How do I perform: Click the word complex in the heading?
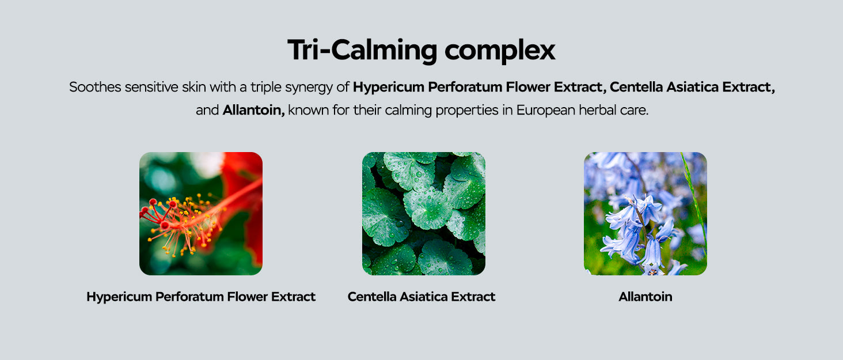[x=500, y=50]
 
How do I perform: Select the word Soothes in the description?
[x=95, y=87]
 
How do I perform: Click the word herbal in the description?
[x=595, y=110]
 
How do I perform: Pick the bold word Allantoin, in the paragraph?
[x=254, y=110]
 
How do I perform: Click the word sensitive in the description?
[x=151, y=87]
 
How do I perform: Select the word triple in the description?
[x=266, y=88]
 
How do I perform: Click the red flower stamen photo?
[x=201, y=214]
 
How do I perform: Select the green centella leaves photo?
[x=424, y=214]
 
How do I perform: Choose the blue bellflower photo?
[x=645, y=214]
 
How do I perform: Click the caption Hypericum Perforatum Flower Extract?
[x=201, y=297]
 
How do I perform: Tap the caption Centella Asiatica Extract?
[x=421, y=297]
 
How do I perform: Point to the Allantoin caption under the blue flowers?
[x=645, y=297]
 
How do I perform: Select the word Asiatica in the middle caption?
[x=423, y=297]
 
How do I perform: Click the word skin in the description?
[x=194, y=87]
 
